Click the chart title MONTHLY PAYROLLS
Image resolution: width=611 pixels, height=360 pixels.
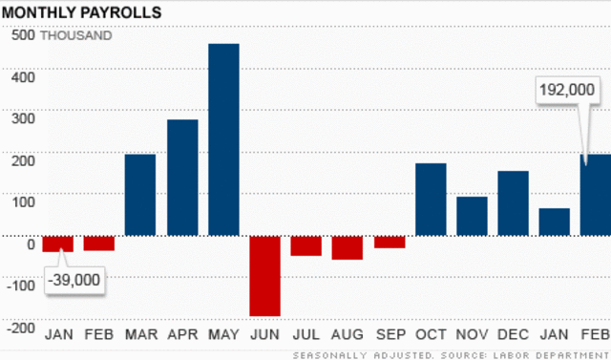coord(82,12)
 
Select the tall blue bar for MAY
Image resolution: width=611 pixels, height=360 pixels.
coord(223,139)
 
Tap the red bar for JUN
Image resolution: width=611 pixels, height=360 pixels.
coord(264,275)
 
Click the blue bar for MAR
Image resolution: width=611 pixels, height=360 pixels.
coord(140,194)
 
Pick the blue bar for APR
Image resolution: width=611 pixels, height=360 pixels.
coord(182,177)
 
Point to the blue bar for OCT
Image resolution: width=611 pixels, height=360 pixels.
coord(431,199)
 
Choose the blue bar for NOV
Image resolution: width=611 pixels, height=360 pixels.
coord(472,216)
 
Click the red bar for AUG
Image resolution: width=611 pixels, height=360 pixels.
coord(348,247)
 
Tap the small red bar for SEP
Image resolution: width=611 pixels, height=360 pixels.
coord(389,242)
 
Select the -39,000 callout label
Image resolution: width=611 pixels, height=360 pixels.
coord(74,282)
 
